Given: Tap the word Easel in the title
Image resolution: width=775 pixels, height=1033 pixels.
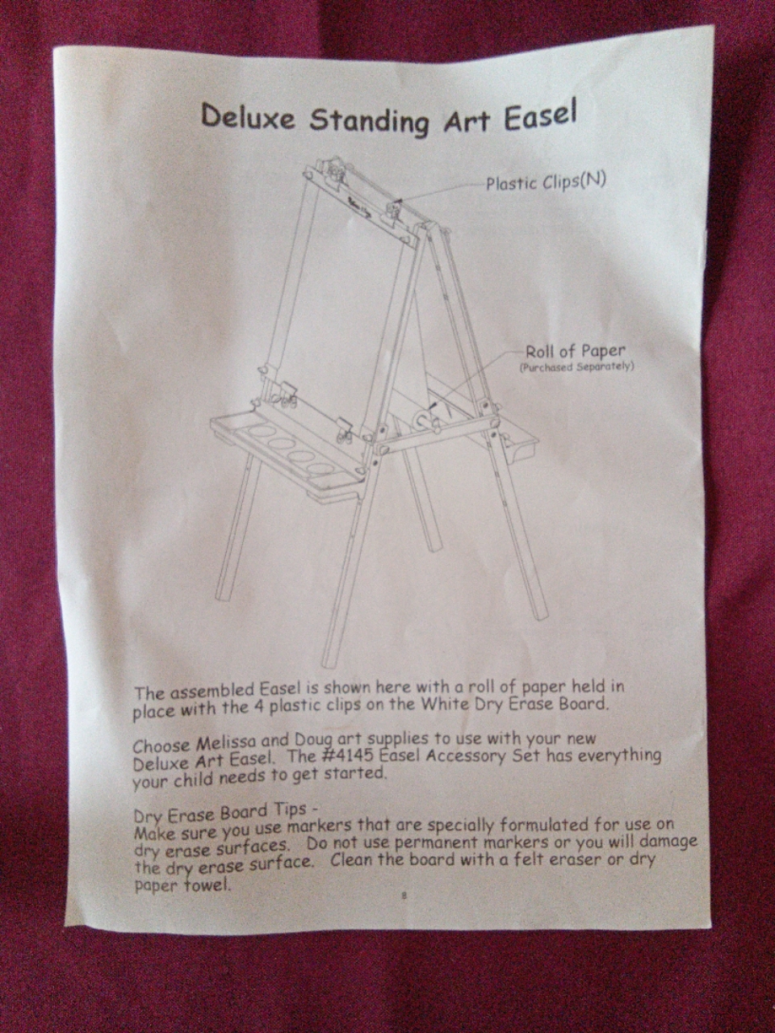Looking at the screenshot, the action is [540, 118].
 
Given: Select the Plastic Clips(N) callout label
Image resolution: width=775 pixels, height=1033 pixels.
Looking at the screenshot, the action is [545, 182].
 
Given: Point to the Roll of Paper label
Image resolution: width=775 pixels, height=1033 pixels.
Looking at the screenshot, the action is [576, 352].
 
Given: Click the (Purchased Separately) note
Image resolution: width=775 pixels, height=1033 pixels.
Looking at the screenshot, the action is [576, 367].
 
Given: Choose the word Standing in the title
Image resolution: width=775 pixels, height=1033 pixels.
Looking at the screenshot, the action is [370, 121].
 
